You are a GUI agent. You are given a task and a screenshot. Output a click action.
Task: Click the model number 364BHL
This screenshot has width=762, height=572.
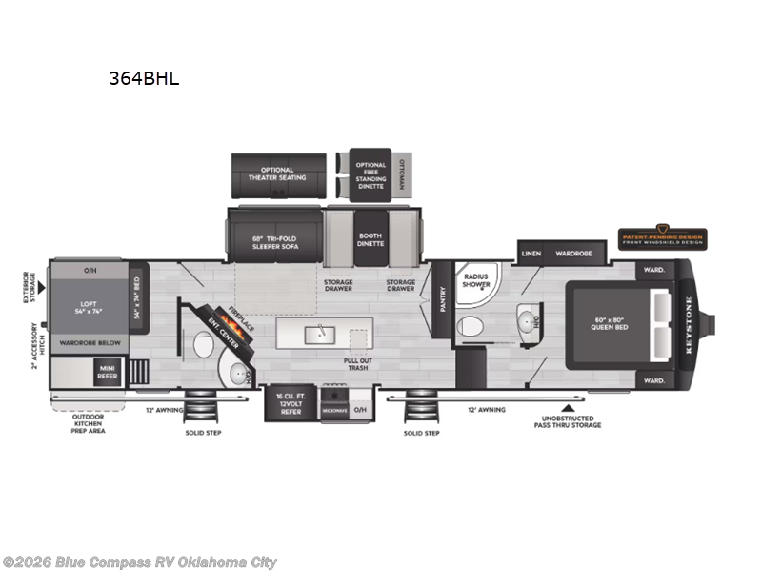click(x=144, y=79)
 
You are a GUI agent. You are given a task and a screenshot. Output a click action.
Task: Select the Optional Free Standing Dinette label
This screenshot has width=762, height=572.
click(x=371, y=174)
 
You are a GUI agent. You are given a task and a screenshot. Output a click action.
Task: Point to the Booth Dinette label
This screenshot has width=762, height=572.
click(x=371, y=239)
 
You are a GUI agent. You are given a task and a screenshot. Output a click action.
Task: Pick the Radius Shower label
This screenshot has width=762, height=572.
click(x=476, y=282)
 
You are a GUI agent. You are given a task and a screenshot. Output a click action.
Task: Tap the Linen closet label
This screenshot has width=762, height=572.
click(x=531, y=255)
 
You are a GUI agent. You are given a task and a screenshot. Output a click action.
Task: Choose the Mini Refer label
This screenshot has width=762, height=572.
click(x=106, y=372)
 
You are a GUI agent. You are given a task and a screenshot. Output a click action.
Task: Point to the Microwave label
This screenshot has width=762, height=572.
click(x=334, y=410)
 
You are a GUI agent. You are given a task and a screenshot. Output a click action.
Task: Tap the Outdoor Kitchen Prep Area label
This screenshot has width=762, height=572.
click(x=89, y=423)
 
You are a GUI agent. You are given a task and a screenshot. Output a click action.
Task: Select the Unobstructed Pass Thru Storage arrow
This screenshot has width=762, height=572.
click(x=568, y=408)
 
